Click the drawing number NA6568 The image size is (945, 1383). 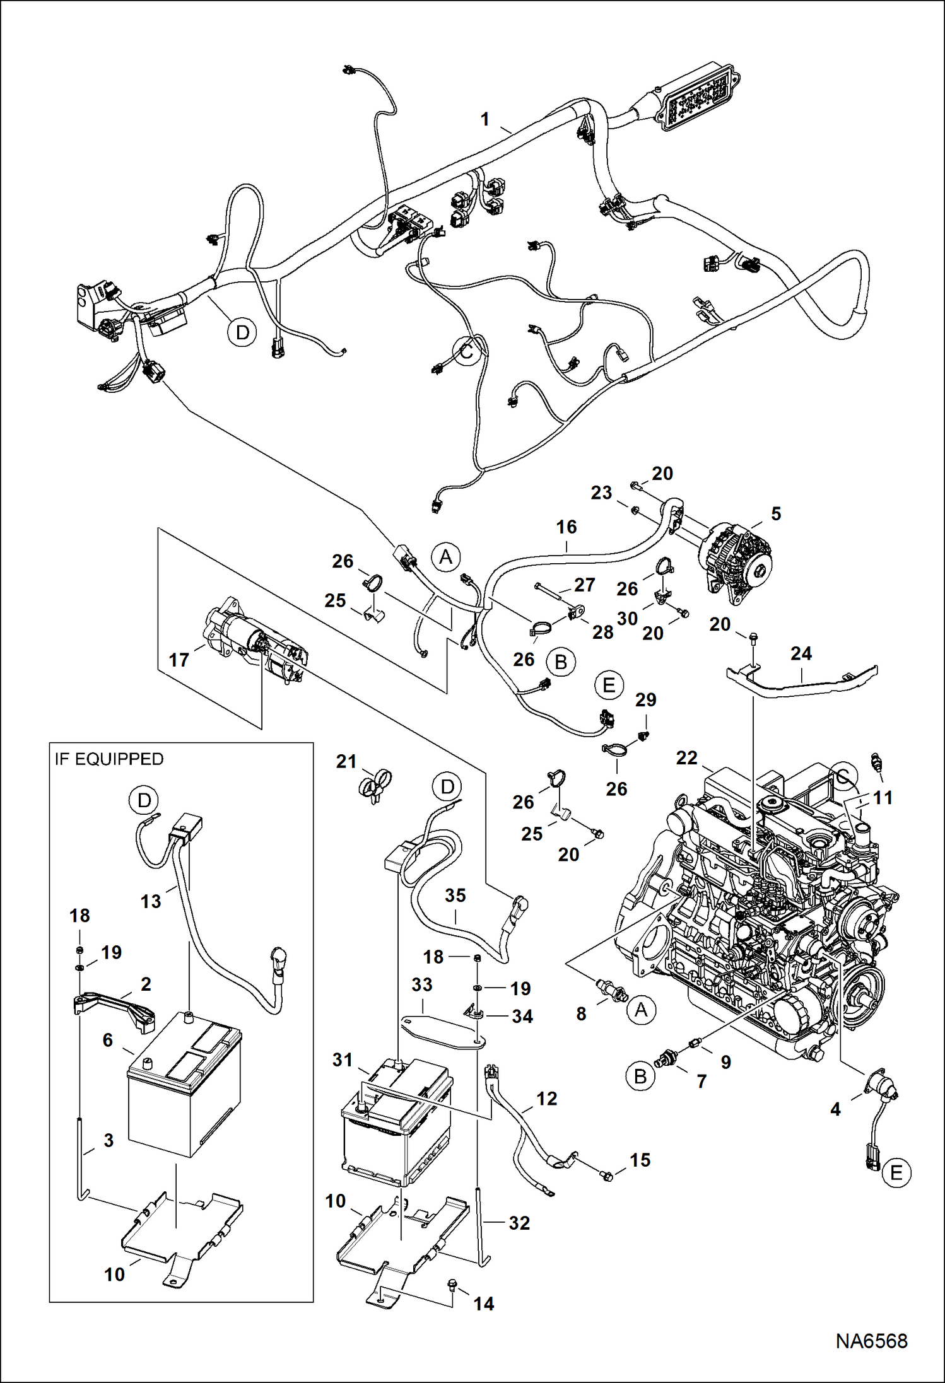[871, 1340]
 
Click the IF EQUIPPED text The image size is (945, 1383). [109, 759]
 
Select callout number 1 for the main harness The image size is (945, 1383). [484, 119]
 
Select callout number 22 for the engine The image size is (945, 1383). [686, 757]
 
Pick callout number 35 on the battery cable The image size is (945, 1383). [455, 895]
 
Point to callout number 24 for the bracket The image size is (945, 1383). [801, 653]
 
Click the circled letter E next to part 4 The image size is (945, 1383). [896, 1172]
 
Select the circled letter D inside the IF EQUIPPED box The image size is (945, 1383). [144, 800]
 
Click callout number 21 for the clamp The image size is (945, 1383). [346, 761]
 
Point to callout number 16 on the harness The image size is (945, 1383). [566, 527]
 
